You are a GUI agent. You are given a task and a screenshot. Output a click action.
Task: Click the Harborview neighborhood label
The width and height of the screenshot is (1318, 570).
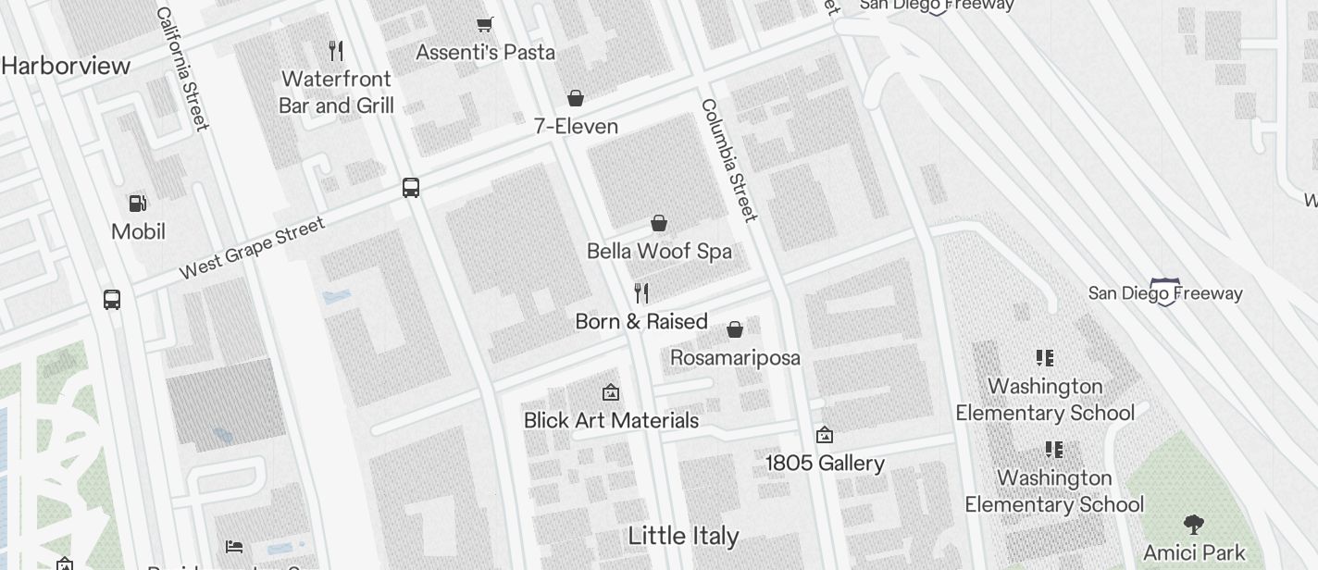pyautogui.click(x=66, y=66)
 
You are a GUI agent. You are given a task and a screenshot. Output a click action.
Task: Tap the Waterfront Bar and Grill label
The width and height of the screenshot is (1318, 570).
pyautogui.click(x=337, y=92)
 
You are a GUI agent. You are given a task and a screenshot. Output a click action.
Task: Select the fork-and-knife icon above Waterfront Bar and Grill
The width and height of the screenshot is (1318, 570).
pyautogui.click(x=337, y=51)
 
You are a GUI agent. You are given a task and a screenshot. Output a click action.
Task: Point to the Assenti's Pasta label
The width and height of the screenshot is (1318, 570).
pyautogui.click(x=485, y=52)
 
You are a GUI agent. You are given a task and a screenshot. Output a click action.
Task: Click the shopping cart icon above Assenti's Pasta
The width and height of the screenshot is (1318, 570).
pyautogui.click(x=484, y=24)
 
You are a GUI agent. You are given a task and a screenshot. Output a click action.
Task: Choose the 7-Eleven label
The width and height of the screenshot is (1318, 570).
pyautogui.click(x=576, y=126)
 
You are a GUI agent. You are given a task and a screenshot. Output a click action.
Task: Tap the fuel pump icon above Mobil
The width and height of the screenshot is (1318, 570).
pyautogui.click(x=138, y=203)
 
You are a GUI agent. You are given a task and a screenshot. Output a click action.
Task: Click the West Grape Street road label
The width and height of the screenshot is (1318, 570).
pyautogui.click(x=252, y=247)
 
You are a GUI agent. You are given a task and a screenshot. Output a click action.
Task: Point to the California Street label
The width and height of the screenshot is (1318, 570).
pyautogui.click(x=181, y=68)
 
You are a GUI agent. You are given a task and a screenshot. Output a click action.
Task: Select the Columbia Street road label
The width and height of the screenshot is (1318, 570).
pyautogui.click(x=729, y=160)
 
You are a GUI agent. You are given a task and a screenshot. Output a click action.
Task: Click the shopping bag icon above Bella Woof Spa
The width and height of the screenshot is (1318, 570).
pyautogui.click(x=659, y=223)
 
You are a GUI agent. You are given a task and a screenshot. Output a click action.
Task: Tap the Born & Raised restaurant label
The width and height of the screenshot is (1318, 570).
pyautogui.click(x=641, y=321)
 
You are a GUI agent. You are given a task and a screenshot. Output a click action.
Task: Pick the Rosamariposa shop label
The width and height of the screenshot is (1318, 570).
pyautogui.click(x=735, y=357)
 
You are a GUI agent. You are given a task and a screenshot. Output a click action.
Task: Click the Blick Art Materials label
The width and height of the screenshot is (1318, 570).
pyautogui.click(x=611, y=420)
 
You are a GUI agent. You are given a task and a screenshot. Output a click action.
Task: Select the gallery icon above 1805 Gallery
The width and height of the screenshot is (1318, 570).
pyautogui.click(x=824, y=435)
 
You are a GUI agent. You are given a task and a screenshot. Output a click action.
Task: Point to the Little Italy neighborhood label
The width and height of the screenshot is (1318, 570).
pyautogui.click(x=683, y=536)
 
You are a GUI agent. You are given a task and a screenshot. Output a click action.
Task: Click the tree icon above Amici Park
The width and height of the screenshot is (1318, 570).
pyautogui.click(x=1194, y=525)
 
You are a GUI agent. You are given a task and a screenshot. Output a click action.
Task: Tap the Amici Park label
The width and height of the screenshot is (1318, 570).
pyautogui.click(x=1194, y=553)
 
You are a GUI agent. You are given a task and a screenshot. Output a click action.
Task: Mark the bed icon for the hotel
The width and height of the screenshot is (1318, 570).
pyautogui.click(x=234, y=547)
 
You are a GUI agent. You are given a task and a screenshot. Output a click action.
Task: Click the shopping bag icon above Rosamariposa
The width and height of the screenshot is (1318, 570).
pyautogui.click(x=735, y=329)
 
